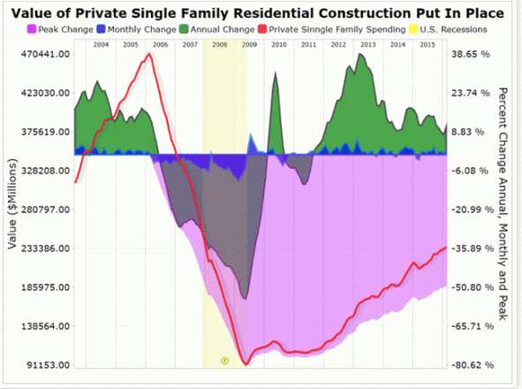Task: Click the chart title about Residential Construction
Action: tap(261, 14)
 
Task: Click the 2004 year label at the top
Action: tap(101, 43)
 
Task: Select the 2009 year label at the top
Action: tap(249, 43)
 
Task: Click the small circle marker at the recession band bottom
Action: tap(224, 361)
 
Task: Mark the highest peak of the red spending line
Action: tap(148, 54)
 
